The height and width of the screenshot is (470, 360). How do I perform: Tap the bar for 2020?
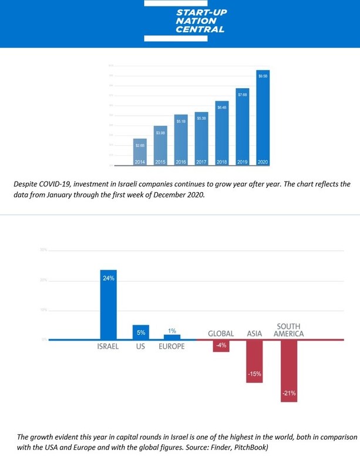263,117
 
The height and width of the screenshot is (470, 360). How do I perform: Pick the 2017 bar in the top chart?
201,138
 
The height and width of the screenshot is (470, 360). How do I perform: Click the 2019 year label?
243,162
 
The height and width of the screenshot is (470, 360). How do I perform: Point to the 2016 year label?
181,162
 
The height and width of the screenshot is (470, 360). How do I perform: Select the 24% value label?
108,278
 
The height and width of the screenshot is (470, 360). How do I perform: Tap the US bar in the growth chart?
140,332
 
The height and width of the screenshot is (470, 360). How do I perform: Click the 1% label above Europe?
172,331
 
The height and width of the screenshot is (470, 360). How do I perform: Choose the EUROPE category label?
171,347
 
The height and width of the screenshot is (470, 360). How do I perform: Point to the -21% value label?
289,393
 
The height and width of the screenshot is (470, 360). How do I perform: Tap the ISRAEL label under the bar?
108,347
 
